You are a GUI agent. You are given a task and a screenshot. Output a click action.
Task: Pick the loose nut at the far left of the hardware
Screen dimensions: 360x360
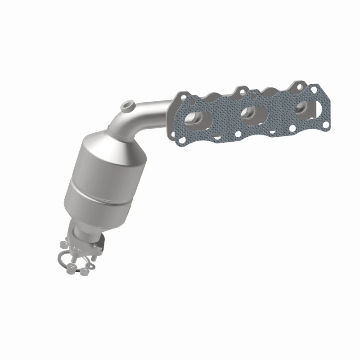(63, 246)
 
